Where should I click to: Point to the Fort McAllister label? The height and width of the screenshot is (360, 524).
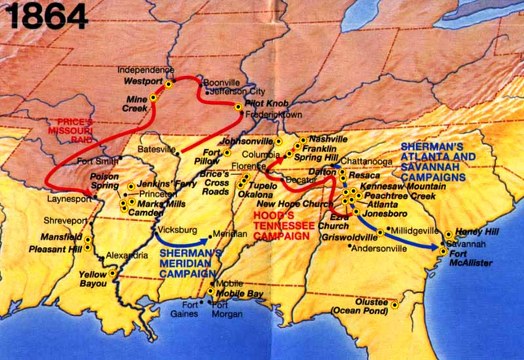470,259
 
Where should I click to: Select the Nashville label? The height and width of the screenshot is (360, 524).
328,139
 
